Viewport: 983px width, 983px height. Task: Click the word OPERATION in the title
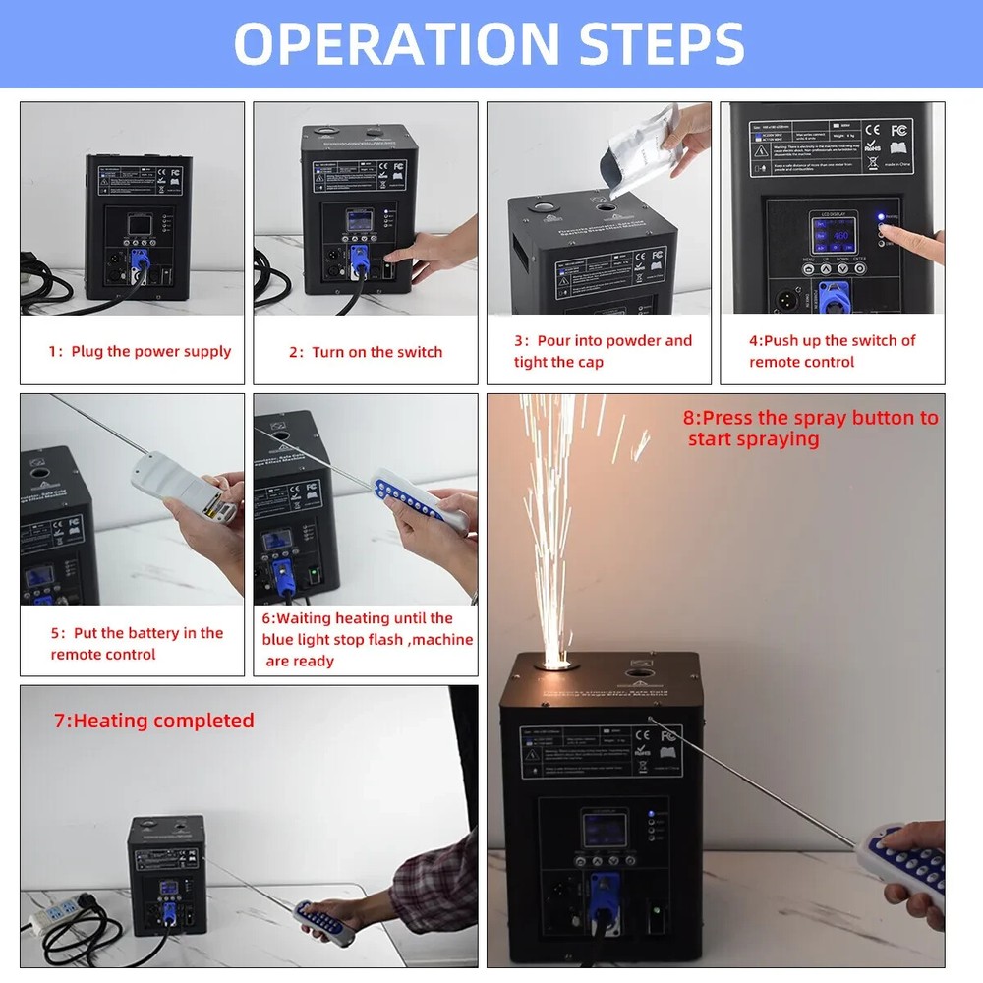383,43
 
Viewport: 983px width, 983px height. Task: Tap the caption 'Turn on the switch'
366,352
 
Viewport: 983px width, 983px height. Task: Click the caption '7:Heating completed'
153,721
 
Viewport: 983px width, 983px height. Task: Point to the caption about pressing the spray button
810,428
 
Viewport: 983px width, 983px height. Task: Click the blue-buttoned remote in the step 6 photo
417,501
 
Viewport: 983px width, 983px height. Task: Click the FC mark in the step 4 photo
897,130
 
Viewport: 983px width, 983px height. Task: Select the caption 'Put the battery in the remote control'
137,644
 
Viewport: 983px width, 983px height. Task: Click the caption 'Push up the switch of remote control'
831,351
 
